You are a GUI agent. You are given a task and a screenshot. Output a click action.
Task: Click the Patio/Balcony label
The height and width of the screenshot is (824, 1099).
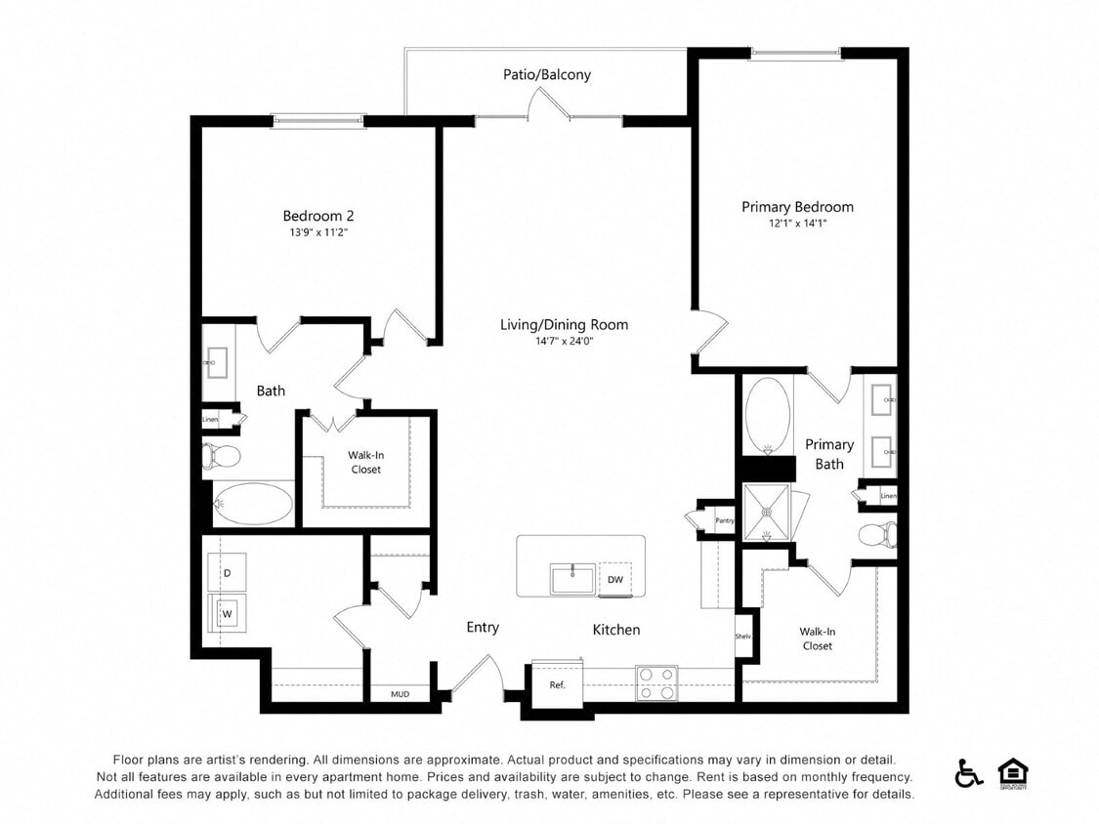coord(546,74)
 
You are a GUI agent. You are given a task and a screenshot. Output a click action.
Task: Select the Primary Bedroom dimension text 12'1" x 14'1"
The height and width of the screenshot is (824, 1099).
coord(797,224)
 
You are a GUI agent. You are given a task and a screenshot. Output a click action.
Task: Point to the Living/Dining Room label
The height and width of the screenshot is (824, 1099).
coord(564,325)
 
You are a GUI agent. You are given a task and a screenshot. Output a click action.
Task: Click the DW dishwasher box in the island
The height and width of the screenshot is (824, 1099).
coord(615,579)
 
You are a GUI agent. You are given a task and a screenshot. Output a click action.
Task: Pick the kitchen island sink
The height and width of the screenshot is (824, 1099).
coord(572,578)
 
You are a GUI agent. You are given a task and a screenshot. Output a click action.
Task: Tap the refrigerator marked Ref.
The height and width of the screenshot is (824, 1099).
coord(557,684)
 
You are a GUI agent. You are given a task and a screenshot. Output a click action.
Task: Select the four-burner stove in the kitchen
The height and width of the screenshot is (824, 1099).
coord(656,683)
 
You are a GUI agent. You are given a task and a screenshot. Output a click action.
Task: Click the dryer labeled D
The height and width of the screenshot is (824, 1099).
coord(227,573)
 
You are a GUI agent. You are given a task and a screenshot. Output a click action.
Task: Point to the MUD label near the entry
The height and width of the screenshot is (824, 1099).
coord(400,695)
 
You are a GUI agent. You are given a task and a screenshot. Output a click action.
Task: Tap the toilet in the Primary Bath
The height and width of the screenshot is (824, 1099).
coord(877,534)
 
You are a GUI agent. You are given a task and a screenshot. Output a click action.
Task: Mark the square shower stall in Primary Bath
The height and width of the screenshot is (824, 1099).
coord(767,511)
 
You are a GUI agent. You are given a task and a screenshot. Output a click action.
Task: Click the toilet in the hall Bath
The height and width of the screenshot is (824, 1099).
coord(222,455)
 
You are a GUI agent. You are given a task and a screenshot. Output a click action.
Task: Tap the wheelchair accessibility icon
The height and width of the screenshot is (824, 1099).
coord(968,773)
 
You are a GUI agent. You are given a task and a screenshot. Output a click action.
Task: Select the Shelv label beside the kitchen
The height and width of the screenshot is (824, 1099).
coord(742,637)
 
